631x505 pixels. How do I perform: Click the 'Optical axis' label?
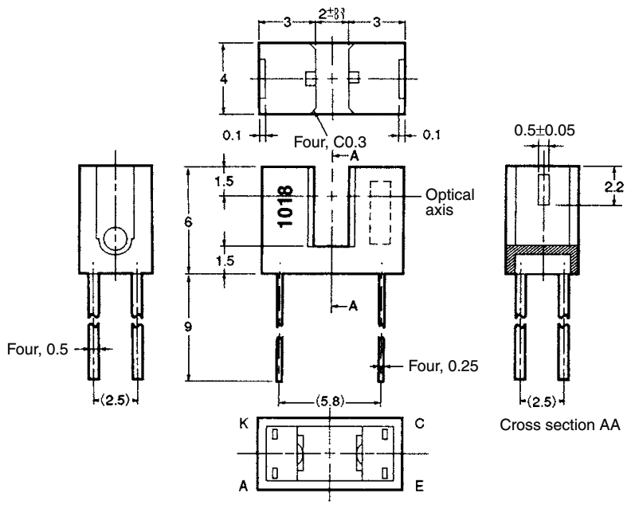451,202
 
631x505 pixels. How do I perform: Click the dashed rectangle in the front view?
381,213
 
